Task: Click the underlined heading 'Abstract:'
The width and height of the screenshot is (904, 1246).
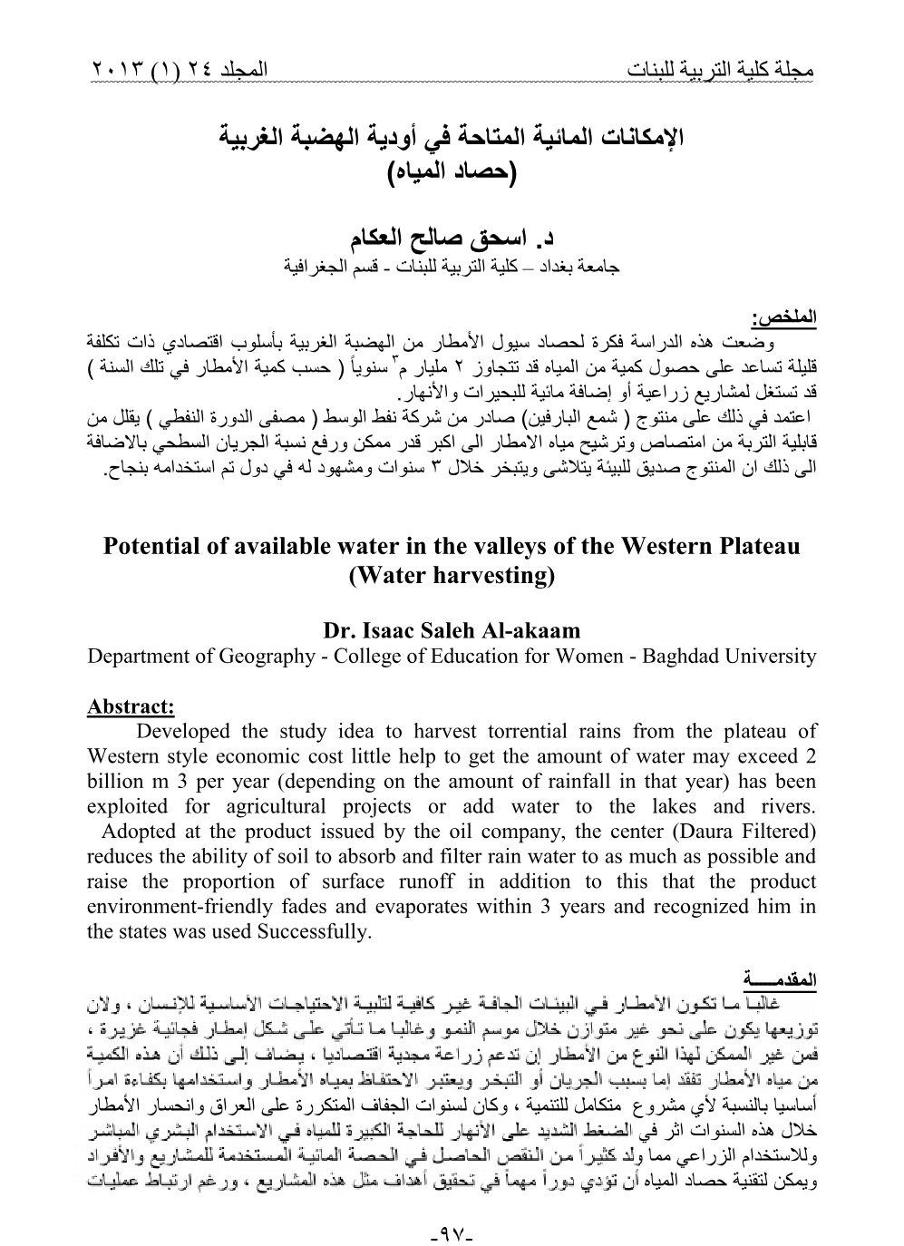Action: coord(131,706)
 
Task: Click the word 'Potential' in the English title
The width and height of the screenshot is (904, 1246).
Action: coord(150,547)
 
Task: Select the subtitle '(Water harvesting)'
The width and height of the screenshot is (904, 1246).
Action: coord(451,576)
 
